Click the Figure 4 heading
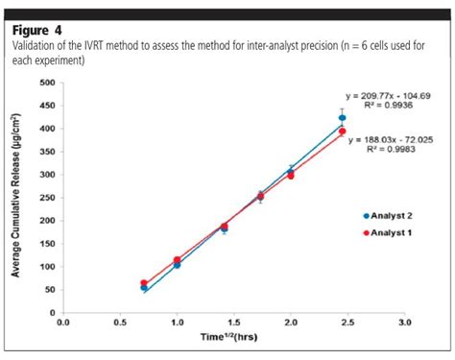36,29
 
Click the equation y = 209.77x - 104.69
390,96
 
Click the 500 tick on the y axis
45,83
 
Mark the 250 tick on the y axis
45,198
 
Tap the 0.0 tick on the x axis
62,324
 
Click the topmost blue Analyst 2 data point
342,117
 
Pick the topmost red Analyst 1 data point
342,132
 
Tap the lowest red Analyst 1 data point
143,283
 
